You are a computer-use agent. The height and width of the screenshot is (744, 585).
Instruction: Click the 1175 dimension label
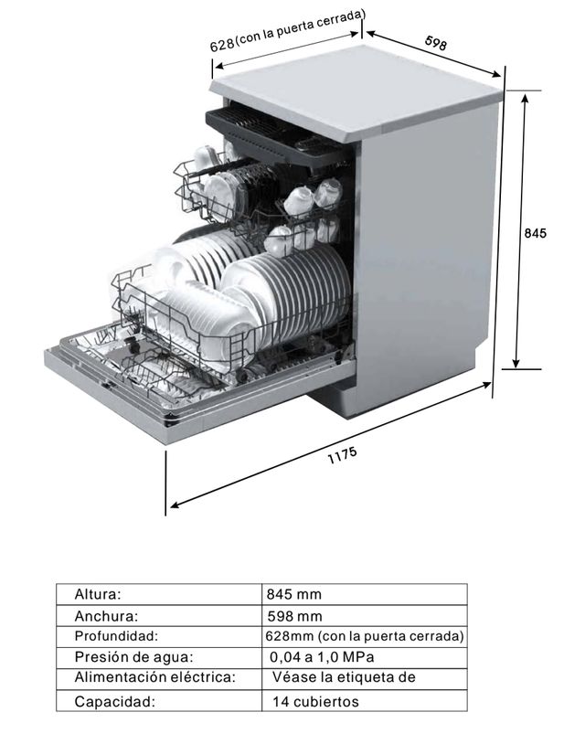coord(342,455)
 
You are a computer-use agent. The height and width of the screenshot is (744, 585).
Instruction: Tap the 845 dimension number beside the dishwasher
coord(535,233)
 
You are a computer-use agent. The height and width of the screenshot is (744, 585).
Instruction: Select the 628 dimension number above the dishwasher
coord(222,45)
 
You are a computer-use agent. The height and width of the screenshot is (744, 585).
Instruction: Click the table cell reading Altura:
coord(98,594)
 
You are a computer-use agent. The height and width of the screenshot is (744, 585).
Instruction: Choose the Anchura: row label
coord(106,616)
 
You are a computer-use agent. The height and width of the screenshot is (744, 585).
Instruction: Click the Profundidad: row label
coord(116,635)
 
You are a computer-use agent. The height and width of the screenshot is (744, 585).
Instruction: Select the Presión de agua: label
coord(134,657)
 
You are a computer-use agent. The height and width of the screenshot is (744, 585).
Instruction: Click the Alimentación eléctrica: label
coord(154,677)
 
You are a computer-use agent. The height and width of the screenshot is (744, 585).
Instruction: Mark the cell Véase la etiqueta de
coord(344,677)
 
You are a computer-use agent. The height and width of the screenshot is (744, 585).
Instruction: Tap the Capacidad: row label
coord(114,702)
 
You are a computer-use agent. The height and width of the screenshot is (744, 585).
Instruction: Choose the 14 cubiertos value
coord(315,702)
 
